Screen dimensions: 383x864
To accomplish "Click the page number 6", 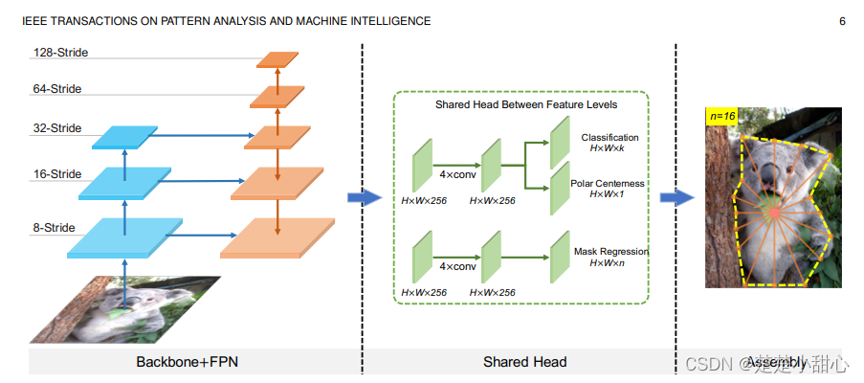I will pyautogui.click(x=842, y=20).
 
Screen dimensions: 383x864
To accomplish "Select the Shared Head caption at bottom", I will pyautogui.click(x=523, y=362).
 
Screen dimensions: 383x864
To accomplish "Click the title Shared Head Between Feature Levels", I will pyautogui.click(x=525, y=104).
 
